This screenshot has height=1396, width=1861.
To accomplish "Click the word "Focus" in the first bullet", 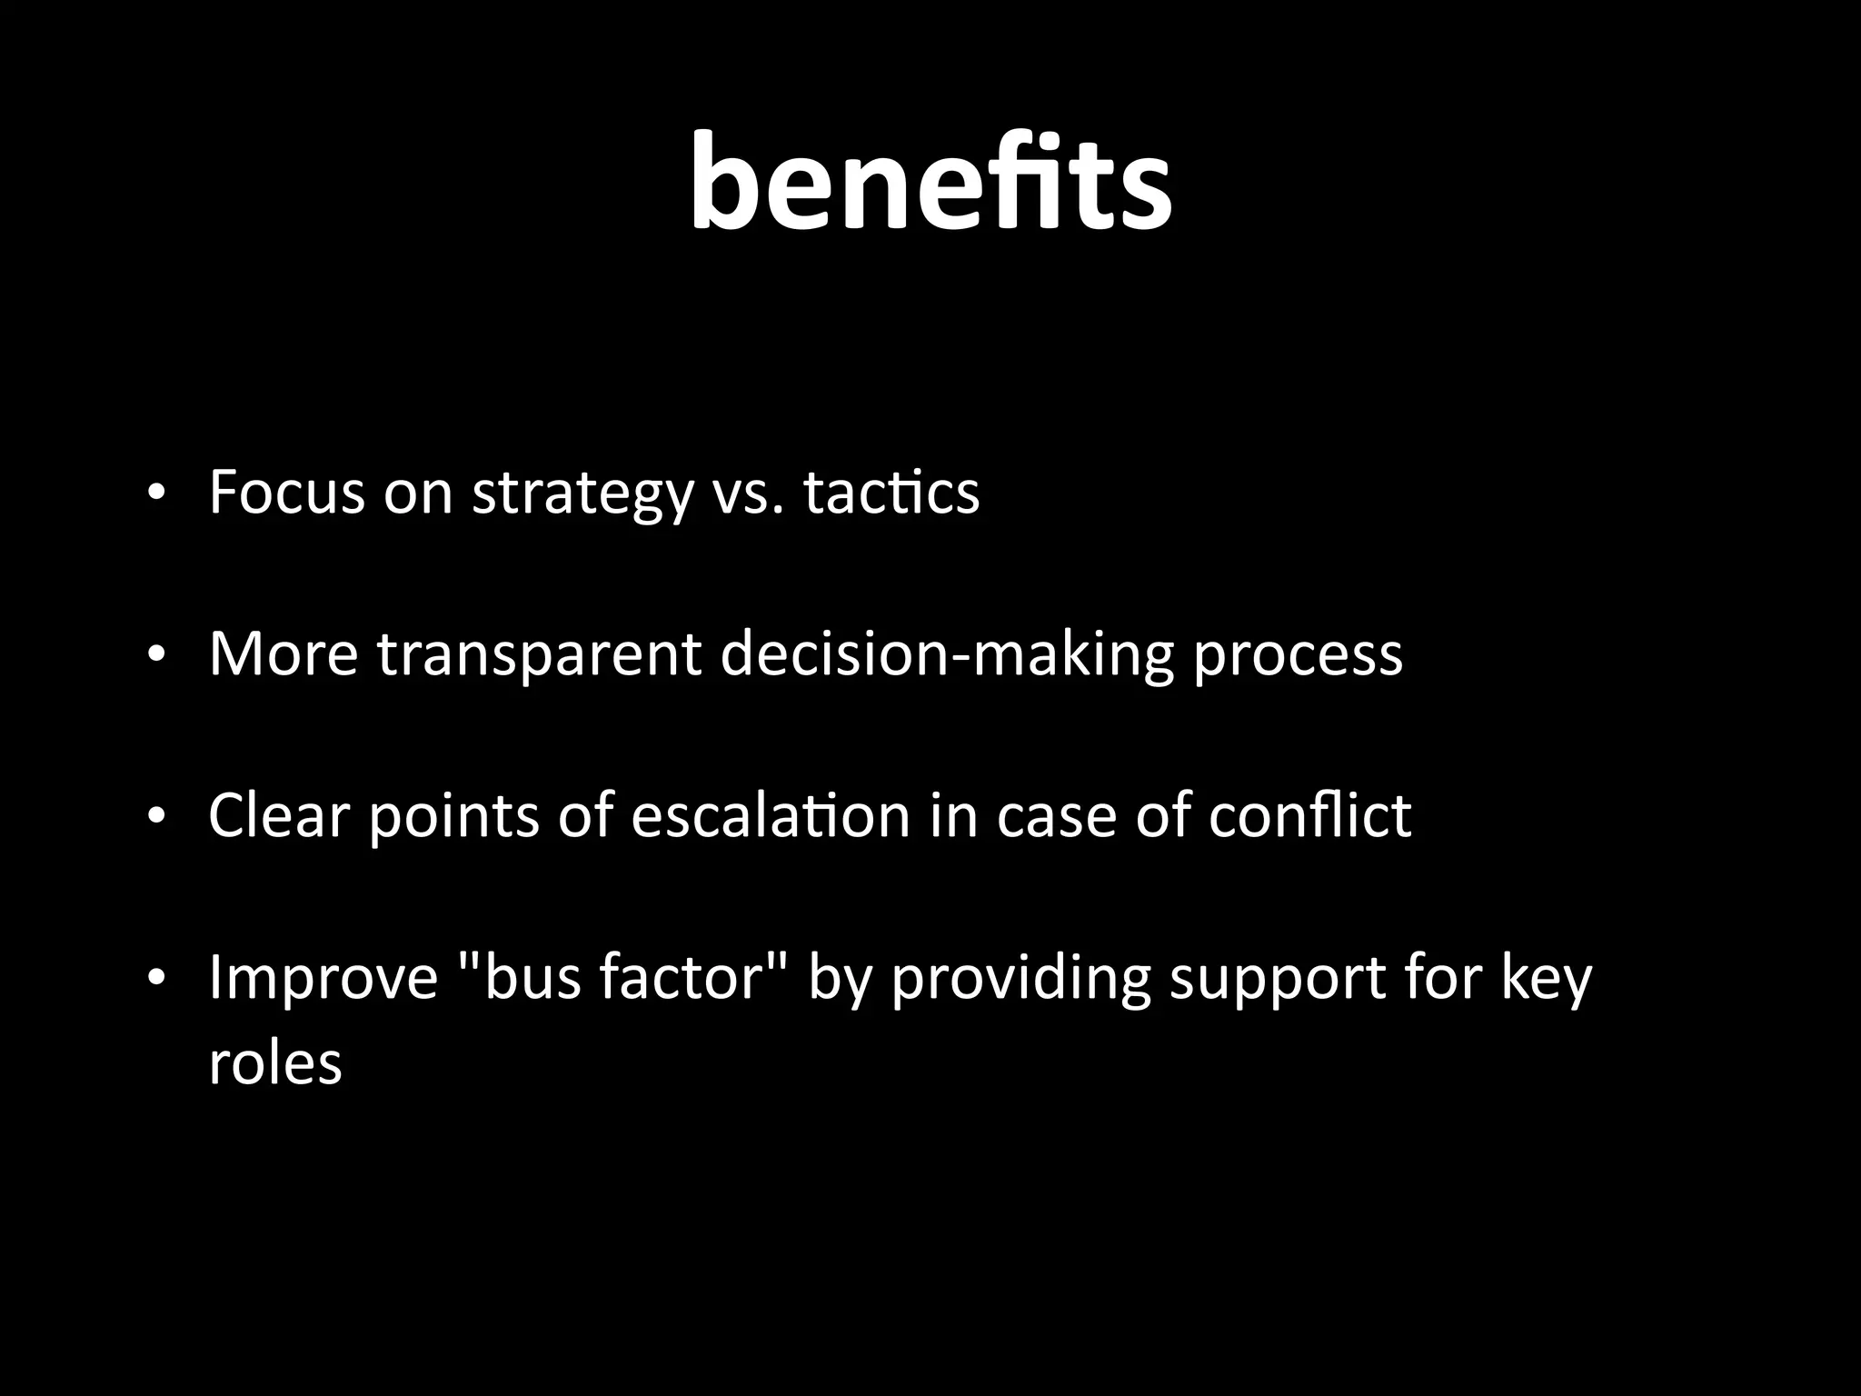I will click(286, 493).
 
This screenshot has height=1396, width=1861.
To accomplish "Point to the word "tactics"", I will click(891, 493).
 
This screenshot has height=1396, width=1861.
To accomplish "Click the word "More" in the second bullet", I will click(284, 653).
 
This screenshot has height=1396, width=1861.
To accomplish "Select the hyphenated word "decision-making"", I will click(946, 655).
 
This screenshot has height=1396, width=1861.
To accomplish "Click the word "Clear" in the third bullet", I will click(279, 814).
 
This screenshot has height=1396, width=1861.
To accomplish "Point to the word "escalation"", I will click(770, 814).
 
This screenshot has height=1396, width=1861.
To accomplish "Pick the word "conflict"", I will click(1309, 814).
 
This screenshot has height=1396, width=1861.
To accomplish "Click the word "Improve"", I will click(323, 978).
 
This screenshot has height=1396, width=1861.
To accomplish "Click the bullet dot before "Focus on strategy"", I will click(156, 494).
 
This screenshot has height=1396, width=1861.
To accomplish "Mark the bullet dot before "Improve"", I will click(156, 978).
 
